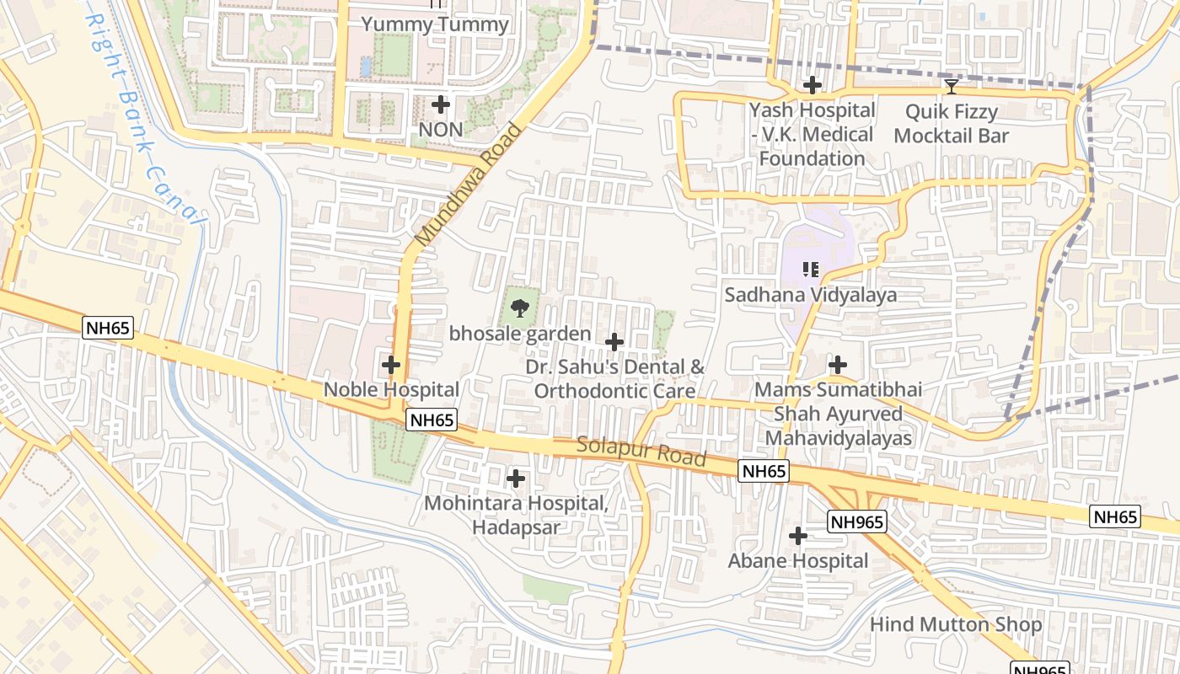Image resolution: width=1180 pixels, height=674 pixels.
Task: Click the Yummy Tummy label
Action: click(x=435, y=24)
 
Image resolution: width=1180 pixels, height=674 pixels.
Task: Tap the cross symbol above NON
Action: click(x=441, y=105)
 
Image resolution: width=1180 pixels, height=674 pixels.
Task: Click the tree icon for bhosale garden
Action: click(x=521, y=308)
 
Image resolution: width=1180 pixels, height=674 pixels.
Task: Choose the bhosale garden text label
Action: click(x=520, y=334)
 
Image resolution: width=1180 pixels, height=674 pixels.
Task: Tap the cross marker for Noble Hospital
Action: click(x=391, y=365)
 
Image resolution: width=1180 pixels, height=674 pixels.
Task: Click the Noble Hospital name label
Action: click(x=391, y=389)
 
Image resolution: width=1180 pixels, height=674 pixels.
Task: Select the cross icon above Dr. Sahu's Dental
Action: click(x=614, y=342)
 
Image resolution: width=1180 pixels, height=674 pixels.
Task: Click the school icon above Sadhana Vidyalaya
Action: click(x=811, y=270)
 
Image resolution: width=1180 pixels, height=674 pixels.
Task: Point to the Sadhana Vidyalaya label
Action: click(x=811, y=295)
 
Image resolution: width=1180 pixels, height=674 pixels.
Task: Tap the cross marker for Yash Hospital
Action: click(x=813, y=85)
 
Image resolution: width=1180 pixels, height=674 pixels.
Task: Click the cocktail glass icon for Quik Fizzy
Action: click(x=952, y=86)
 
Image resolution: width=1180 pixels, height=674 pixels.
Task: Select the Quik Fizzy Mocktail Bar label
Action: click(x=952, y=123)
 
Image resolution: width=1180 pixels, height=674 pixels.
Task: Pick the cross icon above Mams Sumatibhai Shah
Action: click(x=838, y=365)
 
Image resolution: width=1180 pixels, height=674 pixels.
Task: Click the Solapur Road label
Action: click(x=641, y=452)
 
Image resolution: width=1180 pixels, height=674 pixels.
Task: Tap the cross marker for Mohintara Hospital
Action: click(x=516, y=479)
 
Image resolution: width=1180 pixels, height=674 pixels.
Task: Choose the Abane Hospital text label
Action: click(x=798, y=561)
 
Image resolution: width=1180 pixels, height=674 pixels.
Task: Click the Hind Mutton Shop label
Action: click(x=956, y=624)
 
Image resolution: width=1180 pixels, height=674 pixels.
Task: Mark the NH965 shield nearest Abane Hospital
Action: click(x=856, y=522)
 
